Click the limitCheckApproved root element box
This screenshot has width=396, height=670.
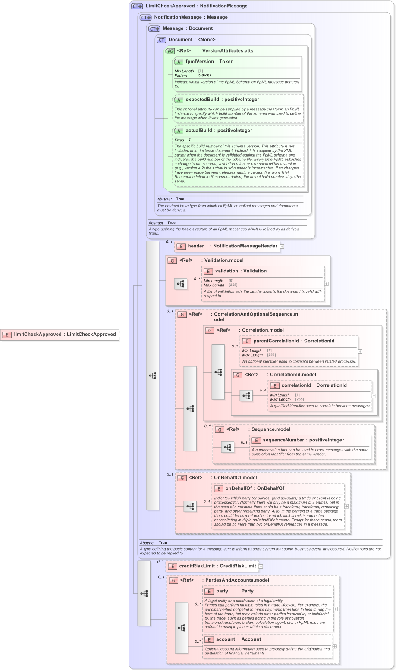pyautogui.click(x=60, y=335)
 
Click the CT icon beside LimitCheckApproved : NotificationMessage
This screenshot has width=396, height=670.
pyautogui.click(x=137, y=6)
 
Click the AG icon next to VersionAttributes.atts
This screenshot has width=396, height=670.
pyautogui.click(x=170, y=51)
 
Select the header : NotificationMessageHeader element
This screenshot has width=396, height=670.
pyautogui.click(x=227, y=246)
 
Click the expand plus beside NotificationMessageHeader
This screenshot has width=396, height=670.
pyautogui.click(x=282, y=247)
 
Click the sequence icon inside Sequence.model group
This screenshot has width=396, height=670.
pyautogui.click(x=228, y=448)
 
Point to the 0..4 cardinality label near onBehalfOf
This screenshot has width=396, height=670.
pyautogui.click(x=207, y=501)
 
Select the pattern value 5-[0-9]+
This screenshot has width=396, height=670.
pyautogui.click(x=205, y=75)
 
